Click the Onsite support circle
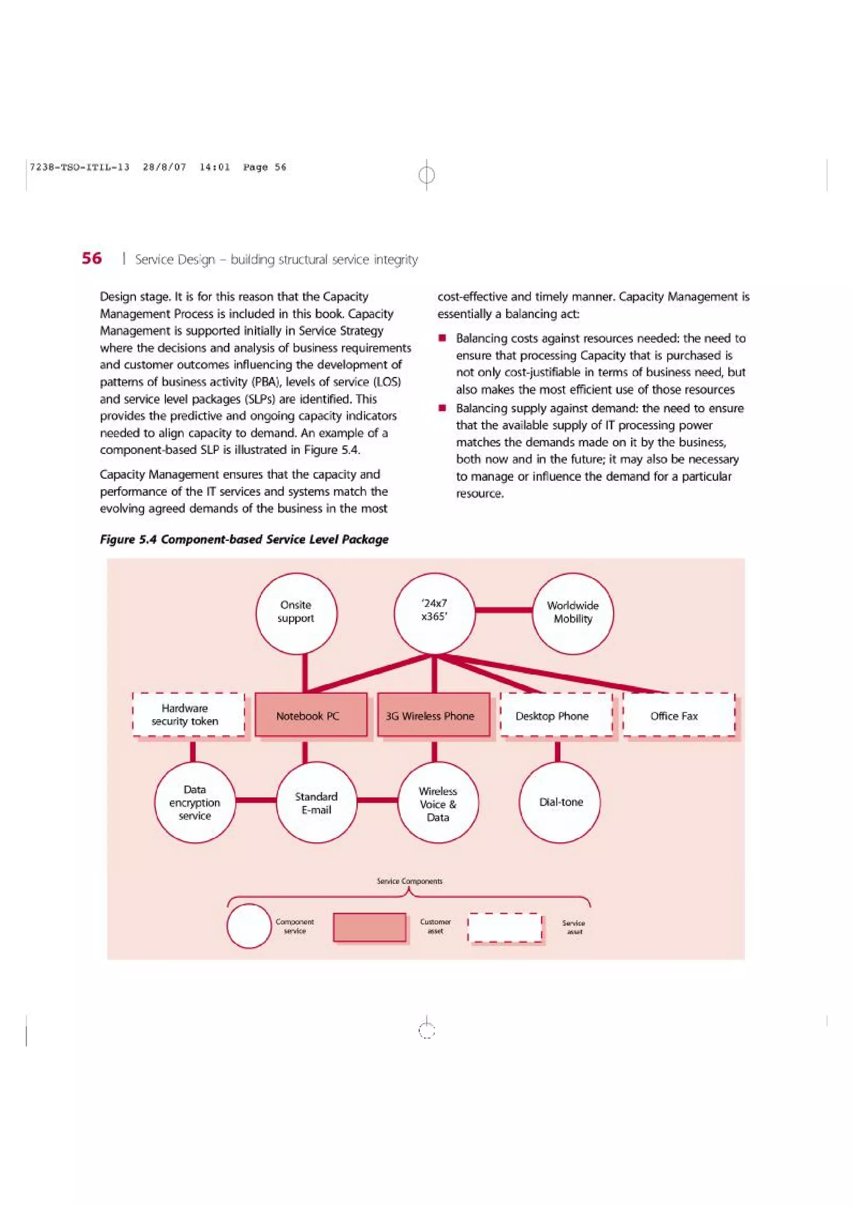297,613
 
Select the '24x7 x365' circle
434,613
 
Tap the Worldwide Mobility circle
572,613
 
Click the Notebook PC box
311,715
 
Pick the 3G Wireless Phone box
433,715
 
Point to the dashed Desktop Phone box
556,715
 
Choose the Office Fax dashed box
678,715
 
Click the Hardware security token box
188,715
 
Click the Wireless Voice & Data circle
438,803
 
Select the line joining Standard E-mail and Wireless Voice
377,800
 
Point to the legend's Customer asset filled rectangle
369,927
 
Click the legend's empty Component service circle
249,926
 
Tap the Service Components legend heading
409,881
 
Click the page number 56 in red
92,258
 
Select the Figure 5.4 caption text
244,539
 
